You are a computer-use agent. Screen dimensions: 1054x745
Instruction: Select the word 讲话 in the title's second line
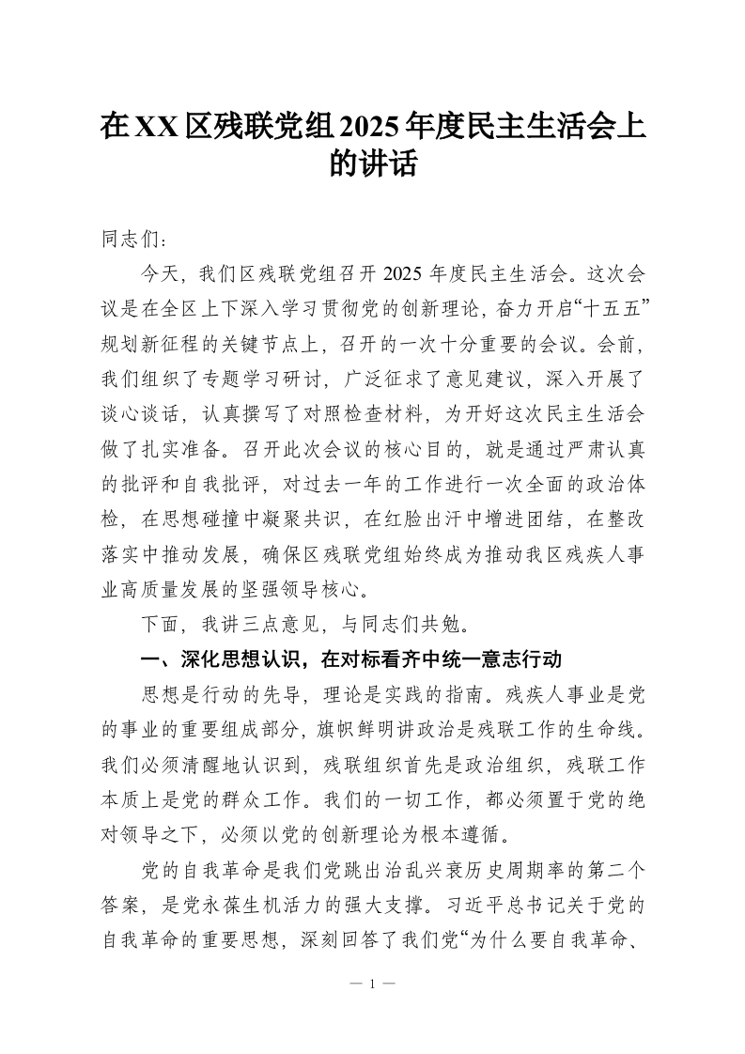click(392, 165)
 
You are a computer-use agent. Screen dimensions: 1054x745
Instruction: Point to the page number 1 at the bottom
click(373, 984)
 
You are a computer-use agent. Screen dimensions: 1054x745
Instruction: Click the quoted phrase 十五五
click(612, 308)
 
